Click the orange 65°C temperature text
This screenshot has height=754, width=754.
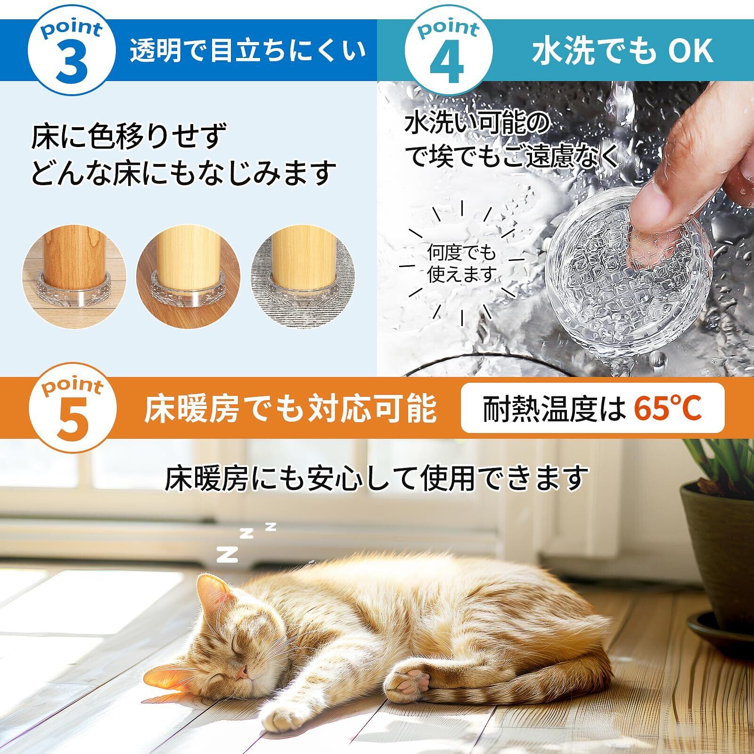pyautogui.click(x=668, y=408)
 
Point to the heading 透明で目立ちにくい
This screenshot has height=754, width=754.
pyautogui.click(x=248, y=50)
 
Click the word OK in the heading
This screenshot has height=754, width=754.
pyautogui.click(x=691, y=51)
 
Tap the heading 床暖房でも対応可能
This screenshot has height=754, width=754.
pyautogui.click(x=290, y=409)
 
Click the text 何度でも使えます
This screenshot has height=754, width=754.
pyautogui.click(x=462, y=264)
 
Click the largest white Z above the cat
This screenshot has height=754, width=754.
pyautogui.click(x=227, y=554)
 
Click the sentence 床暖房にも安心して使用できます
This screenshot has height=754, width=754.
pyautogui.click(x=377, y=478)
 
